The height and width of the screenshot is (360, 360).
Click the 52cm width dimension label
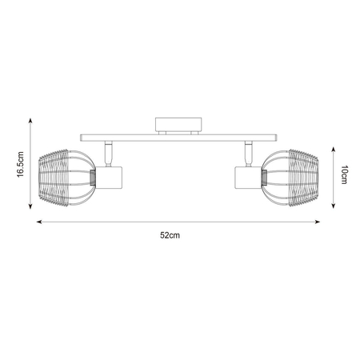[x=170, y=235]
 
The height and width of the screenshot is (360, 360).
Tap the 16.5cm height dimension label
[x=20, y=164]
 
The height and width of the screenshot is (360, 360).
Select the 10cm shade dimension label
[x=344, y=174]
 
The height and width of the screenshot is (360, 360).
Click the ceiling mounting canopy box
[x=178, y=125]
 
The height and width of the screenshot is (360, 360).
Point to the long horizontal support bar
[x=178, y=138]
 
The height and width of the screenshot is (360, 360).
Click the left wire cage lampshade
[x=66, y=178]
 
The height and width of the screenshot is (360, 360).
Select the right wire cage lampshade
[x=290, y=178]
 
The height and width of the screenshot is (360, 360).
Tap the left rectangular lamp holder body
[x=109, y=178]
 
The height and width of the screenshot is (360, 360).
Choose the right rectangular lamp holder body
[x=248, y=178]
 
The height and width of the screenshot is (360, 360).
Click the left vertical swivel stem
[x=108, y=154]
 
